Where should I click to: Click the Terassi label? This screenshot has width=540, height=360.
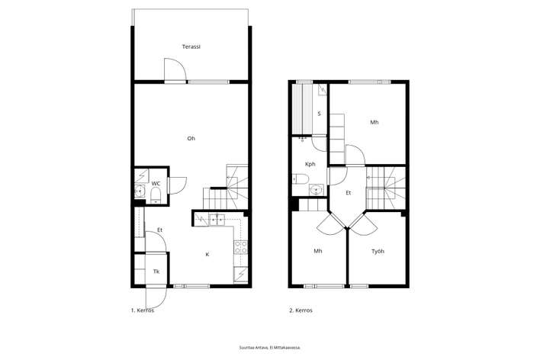pyautogui.click(x=191, y=47)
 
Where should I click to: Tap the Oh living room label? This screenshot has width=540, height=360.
pyautogui.click(x=191, y=139)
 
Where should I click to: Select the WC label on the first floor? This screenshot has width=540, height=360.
pyautogui.click(x=156, y=184)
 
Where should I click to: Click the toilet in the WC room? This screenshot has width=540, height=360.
pyautogui.click(x=156, y=195)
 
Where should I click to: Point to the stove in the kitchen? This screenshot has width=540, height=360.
pyautogui.click(x=241, y=246)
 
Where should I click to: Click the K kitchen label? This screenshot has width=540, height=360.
pyautogui.click(x=207, y=255)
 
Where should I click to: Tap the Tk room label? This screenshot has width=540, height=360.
pyautogui.click(x=156, y=272)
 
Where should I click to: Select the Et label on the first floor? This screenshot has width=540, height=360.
pyautogui.click(x=160, y=230)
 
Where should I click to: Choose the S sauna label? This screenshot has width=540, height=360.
pyautogui.click(x=320, y=114)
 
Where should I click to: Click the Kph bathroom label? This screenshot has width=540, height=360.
pyautogui.click(x=310, y=164)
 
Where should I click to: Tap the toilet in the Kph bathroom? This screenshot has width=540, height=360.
pyautogui.click(x=301, y=179)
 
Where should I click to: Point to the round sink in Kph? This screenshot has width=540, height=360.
pyautogui.click(x=317, y=189)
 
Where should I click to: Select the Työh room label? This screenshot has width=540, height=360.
pyautogui.click(x=378, y=252)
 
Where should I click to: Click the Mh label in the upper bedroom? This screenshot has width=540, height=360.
pyautogui.click(x=374, y=122)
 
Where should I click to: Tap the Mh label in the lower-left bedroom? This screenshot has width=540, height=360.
pyautogui.click(x=318, y=251)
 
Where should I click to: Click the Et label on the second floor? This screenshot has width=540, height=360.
pyautogui.click(x=349, y=193)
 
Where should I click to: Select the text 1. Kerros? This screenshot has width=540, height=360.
pyautogui.click(x=143, y=310)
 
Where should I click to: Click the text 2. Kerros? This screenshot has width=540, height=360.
pyautogui.click(x=301, y=310)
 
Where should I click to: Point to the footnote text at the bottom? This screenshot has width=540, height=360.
pyautogui.click(x=270, y=348)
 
